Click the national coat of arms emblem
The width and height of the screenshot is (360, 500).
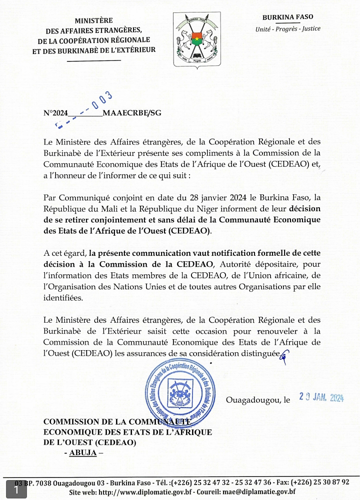pyautogui.click(x=196, y=40)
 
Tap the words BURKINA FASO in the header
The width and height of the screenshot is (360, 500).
pyautogui.click(x=287, y=17)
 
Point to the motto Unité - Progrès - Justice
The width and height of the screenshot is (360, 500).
pyautogui.click(x=287, y=29)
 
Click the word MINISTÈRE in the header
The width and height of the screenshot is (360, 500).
pyautogui.click(x=93, y=20)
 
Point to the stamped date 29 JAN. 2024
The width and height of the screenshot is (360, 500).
pyautogui.click(x=321, y=397)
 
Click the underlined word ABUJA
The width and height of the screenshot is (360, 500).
pyautogui.click(x=82, y=453)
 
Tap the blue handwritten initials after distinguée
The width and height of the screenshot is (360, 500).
pyautogui.click(x=285, y=355)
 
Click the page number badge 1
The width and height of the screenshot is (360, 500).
pyautogui.click(x=16, y=490)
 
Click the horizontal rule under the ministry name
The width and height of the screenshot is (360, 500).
pyautogui.click(x=93, y=61)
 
